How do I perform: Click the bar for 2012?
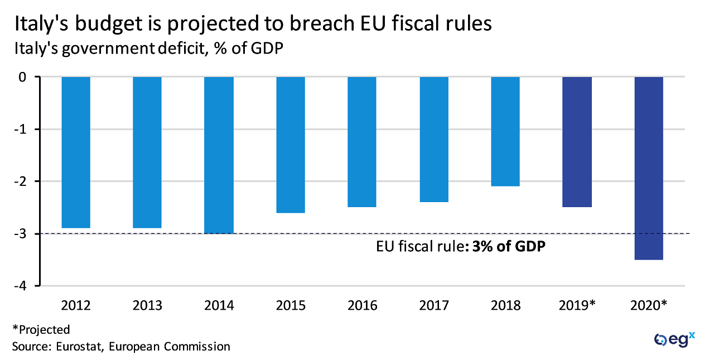coord(76,152)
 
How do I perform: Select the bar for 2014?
coord(219,155)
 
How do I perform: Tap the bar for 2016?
coord(362,142)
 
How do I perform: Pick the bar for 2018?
coord(505,132)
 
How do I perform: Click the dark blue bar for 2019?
coord(577,142)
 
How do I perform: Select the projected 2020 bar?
coord(649,168)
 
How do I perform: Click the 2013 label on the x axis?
coord(147,306)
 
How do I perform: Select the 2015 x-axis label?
coord(291,306)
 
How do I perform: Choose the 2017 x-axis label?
coord(433,306)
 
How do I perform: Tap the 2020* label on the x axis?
coord(649,306)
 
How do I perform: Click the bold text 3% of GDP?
coord(508,246)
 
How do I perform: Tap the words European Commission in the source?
coord(170,347)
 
